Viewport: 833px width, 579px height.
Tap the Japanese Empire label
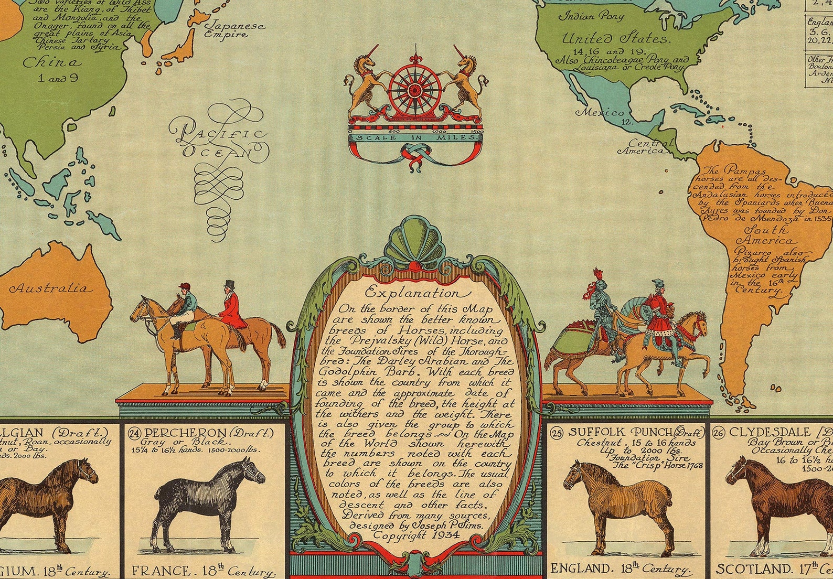[234, 29]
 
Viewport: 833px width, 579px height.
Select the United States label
[615, 38]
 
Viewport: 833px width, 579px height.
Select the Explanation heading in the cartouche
[415, 293]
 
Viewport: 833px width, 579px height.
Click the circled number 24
[134, 434]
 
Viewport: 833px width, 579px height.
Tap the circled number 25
[557, 433]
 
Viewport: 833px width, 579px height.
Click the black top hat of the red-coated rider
[229, 284]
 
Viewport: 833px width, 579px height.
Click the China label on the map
[52, 63]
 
